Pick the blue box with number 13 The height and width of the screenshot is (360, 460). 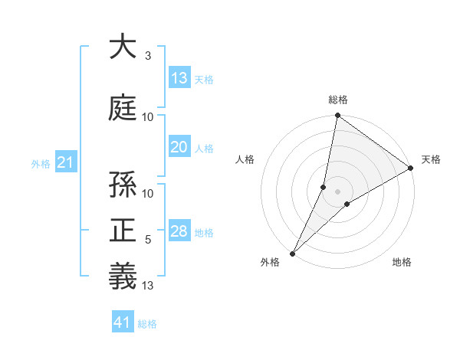click(179, 78)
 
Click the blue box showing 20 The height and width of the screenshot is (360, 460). click(179, 148)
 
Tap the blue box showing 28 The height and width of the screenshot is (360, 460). click(179, 232)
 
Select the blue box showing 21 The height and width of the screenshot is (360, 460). click(66, 162)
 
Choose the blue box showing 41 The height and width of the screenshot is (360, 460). click(123, 322)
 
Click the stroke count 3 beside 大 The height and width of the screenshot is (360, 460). click(148, 56)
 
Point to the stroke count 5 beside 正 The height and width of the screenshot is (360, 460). click(148, 241)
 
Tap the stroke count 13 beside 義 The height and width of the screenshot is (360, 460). click(149, 286)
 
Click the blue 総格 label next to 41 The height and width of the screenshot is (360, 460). click(147, 324)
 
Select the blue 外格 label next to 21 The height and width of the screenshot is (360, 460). click(41, 164)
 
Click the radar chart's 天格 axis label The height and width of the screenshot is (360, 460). click(431, 159)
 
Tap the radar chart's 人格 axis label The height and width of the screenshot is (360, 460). click(245, 159)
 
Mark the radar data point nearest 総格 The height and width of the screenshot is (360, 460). click(337, 116)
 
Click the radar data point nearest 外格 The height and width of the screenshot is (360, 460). click(292, 253)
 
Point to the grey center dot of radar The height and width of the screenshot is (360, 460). click(337, 191)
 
